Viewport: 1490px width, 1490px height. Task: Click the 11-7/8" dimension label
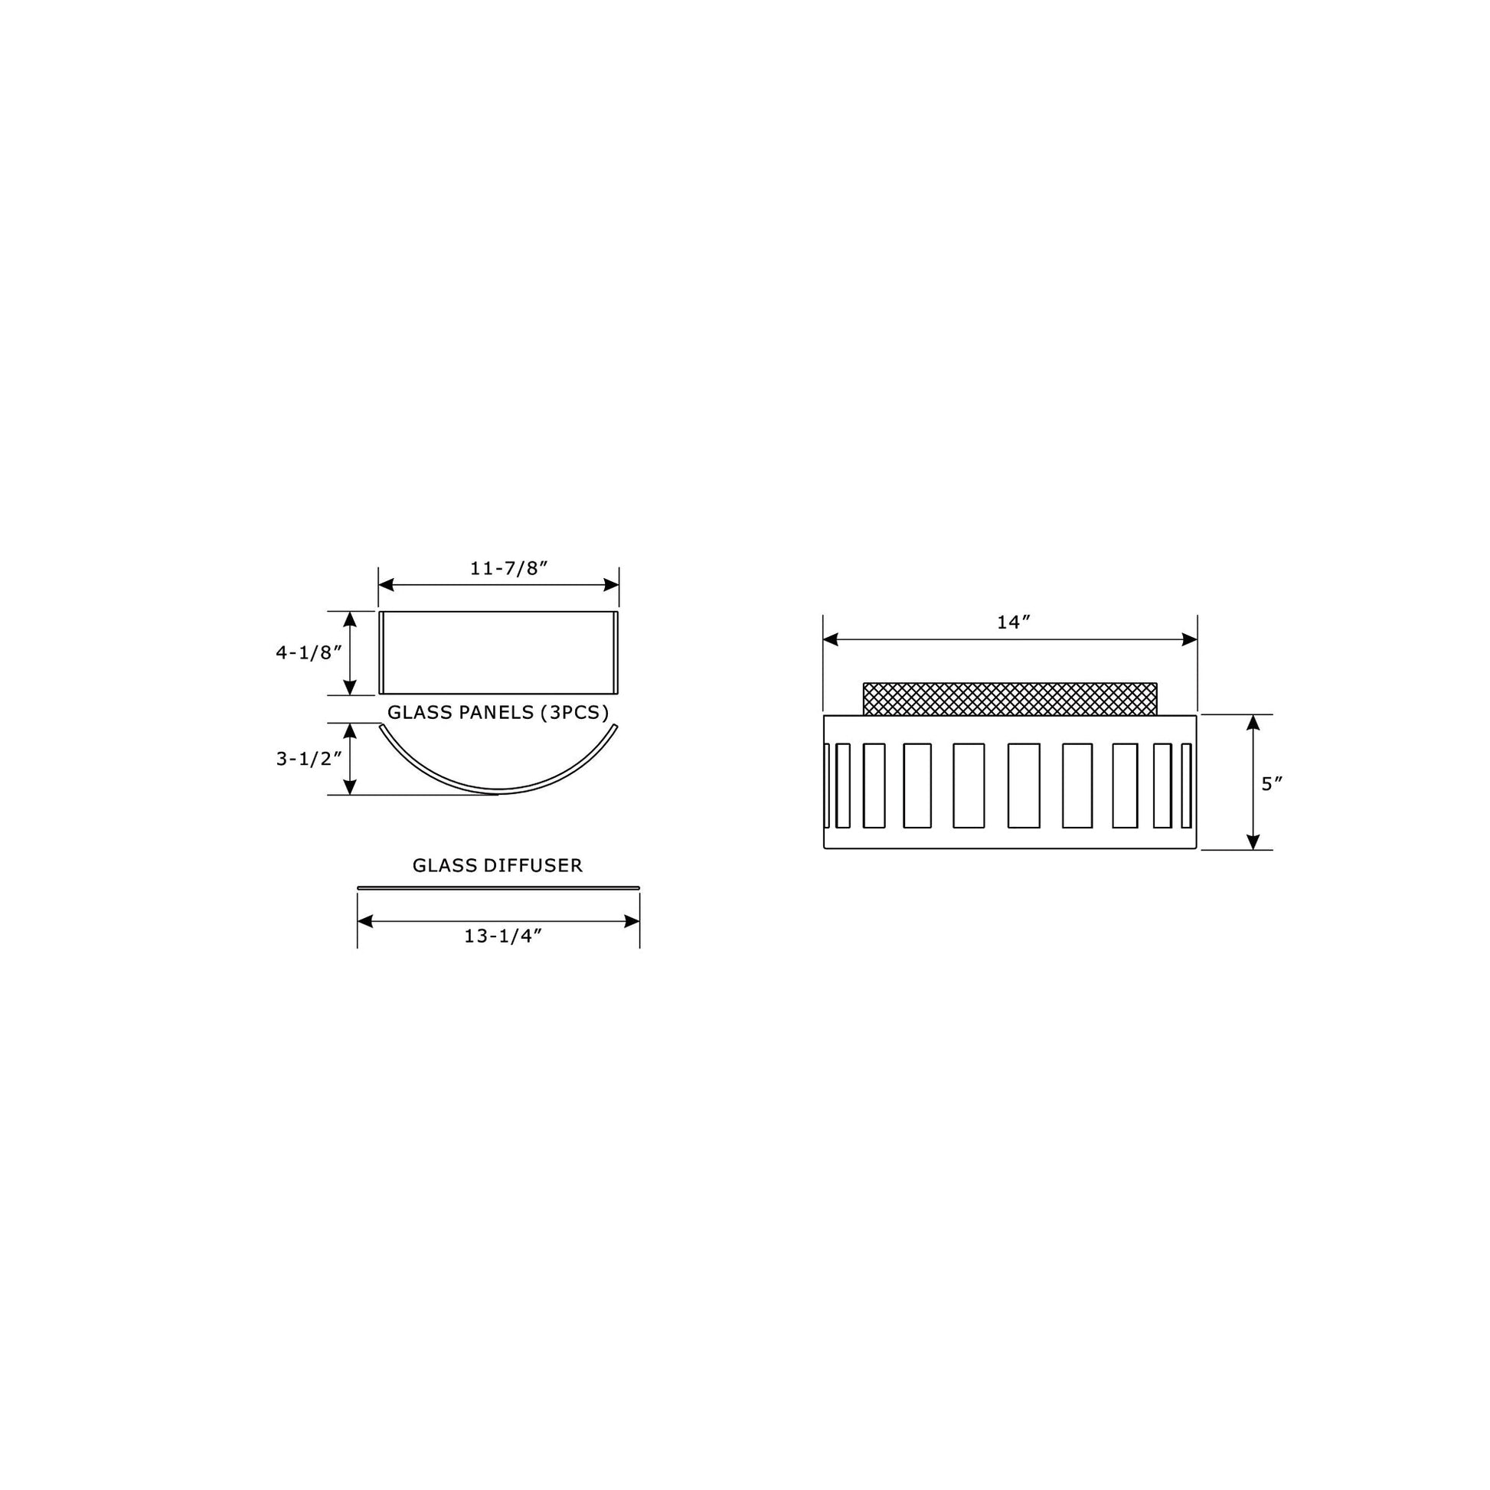(x=508, y=567)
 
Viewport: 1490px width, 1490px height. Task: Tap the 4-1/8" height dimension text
(x=309, y=652)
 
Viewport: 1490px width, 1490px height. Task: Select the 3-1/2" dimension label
(x=309, y=759)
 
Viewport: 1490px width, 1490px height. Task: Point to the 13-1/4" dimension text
(x=503, y=936)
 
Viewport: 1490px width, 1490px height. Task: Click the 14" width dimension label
(x=1014, y=622)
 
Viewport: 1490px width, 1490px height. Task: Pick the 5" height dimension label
(x=1272, y=783)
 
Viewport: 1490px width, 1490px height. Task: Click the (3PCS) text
(x=574, y=712)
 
